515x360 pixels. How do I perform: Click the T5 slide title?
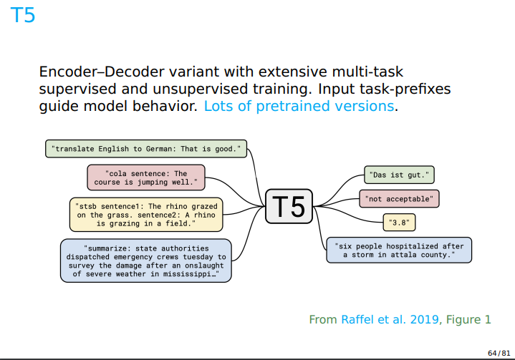coord(22,15)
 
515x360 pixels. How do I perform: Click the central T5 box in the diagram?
coord(289,206)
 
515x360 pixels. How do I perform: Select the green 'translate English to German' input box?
coord(147,149)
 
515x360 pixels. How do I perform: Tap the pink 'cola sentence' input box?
coord(146,177)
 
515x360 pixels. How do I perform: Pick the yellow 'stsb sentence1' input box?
coord(146,214)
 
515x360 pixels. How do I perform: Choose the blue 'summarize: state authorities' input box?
coord(146,261)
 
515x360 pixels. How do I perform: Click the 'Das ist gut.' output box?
coord(400,174)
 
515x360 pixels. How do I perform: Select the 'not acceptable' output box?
coord(400,198)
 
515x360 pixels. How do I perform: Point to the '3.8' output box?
coord(399,223)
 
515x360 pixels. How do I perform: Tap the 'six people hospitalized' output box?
coord(399,249)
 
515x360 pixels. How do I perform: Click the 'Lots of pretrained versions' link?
coord(299,107)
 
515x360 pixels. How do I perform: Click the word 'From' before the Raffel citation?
coord(322,319)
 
